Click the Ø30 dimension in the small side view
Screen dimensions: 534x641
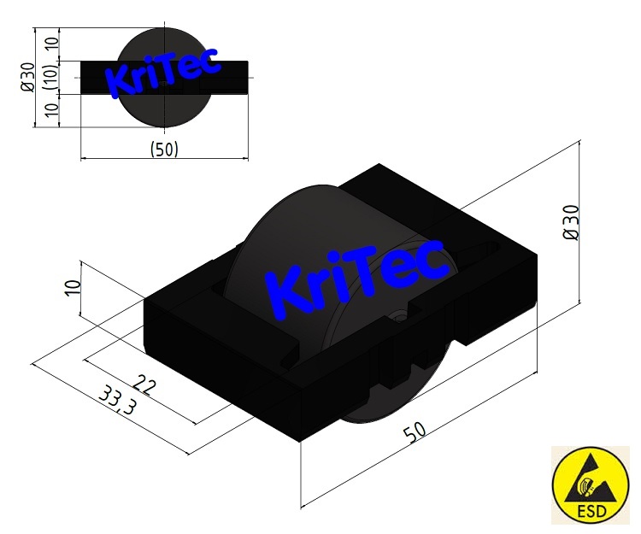click(28, 78)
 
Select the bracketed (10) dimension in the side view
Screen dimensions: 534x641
click(50, 77)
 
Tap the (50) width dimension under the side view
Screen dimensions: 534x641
click(163, 149)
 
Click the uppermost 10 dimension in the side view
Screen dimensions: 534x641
click(50, 44)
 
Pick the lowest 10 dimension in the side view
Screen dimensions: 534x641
click(50, 110)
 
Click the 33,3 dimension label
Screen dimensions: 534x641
click(117, 400)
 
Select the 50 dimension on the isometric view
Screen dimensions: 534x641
click(415, 432)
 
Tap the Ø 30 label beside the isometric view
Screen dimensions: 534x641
click(572, 223)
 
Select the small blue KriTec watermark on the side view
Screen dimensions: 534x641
click(162, 71)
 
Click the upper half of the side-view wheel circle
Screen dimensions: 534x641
click(162, 43)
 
